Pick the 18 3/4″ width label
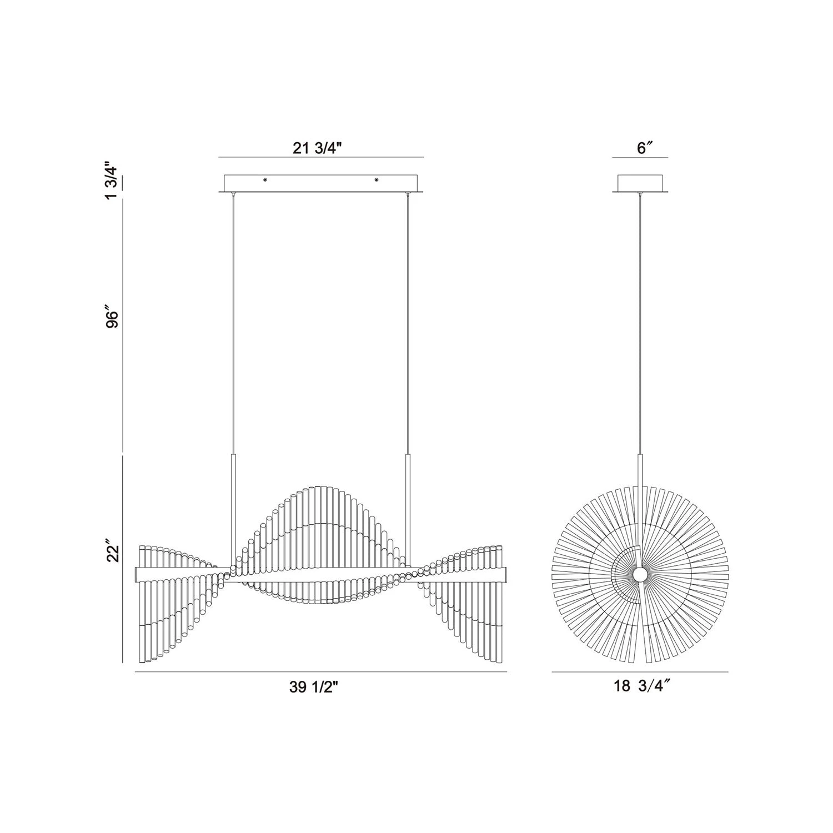(x=640, y=686)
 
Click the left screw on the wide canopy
(x=265, y=179)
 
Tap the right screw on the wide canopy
(x=376, y=179)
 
